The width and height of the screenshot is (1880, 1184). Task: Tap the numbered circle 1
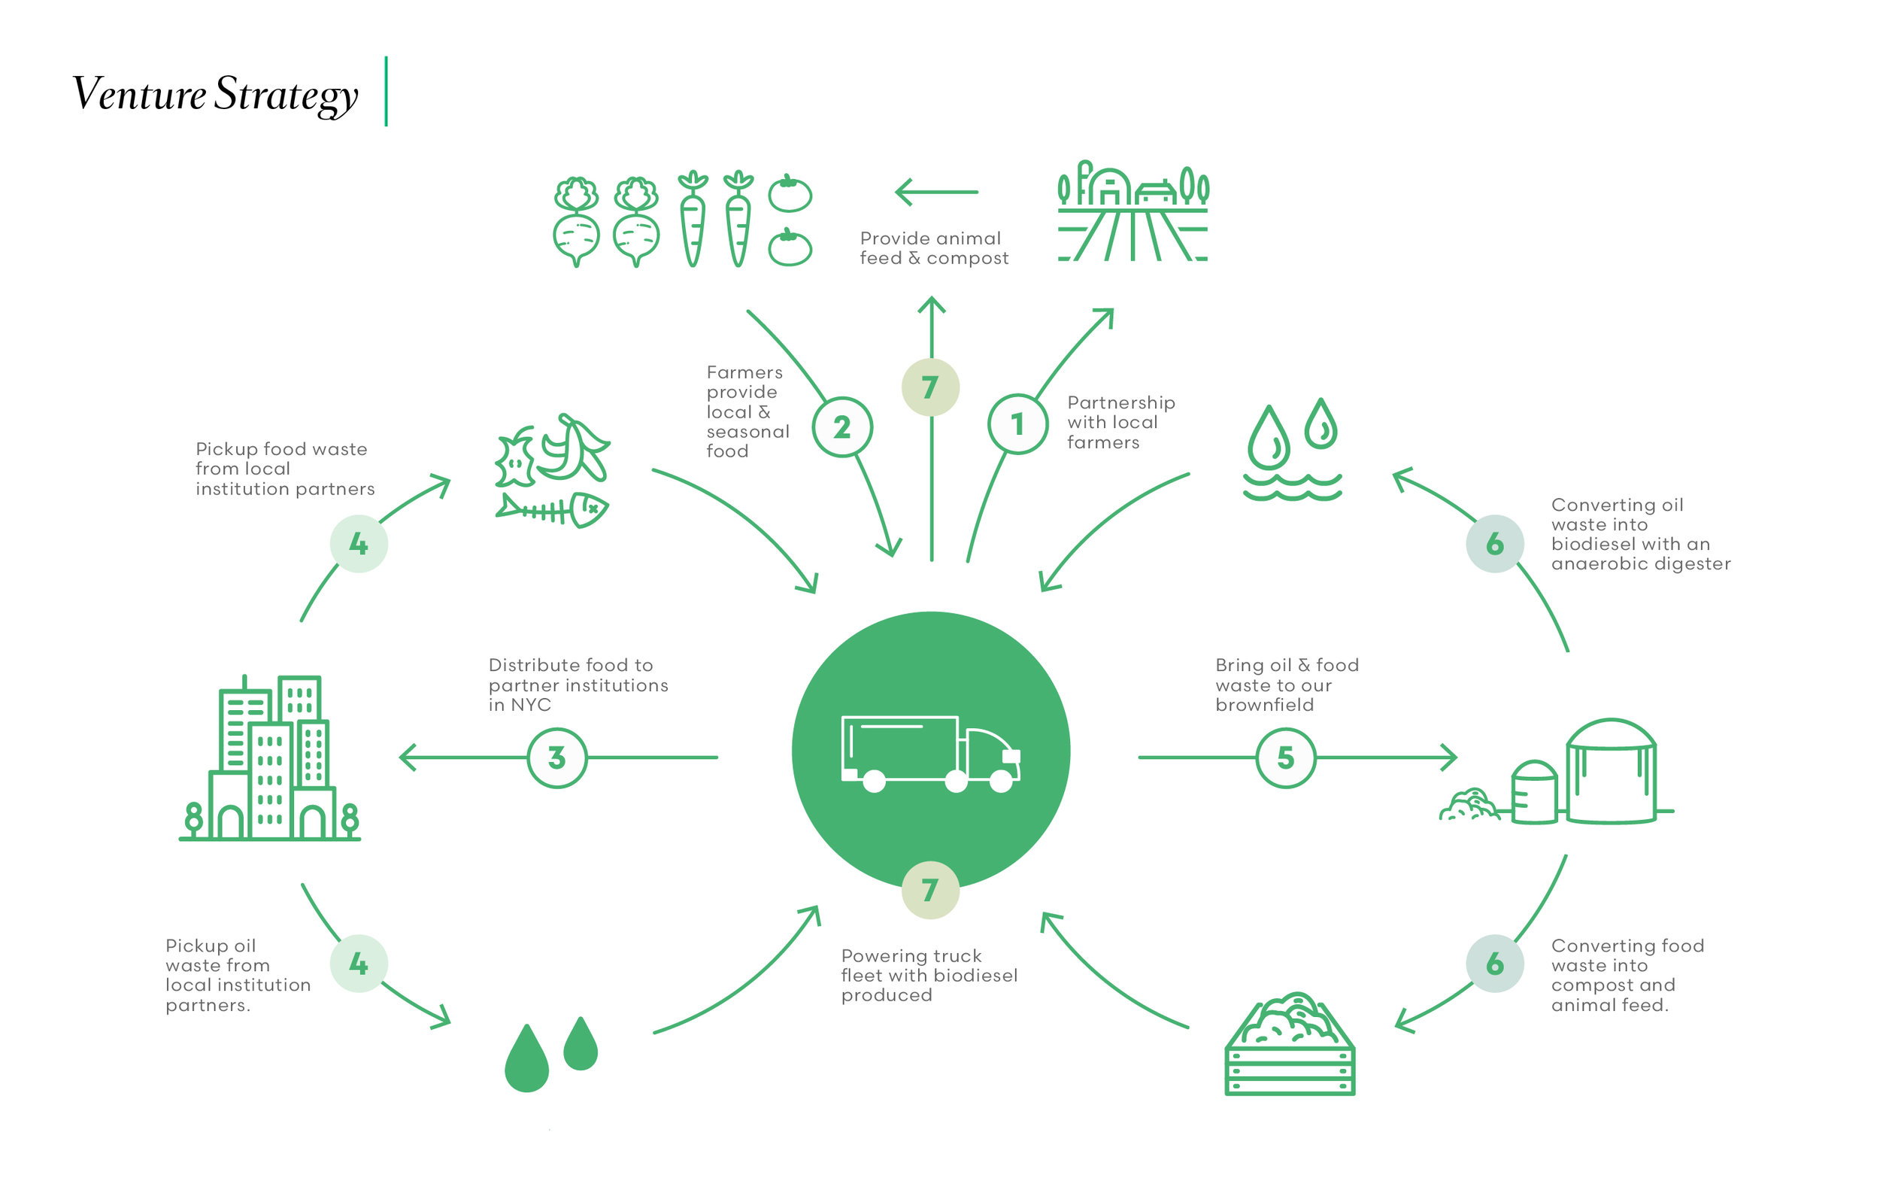[x=1017, y=424]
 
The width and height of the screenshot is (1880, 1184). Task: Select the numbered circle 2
[x=841, y=427]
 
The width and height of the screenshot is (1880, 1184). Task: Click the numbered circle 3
[x=556, y=757]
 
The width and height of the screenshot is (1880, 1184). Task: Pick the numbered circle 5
[x=1285, y=757]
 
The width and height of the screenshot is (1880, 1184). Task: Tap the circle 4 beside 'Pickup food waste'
[x=359, y=544]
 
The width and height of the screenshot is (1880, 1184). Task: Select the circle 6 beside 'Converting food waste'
[x=1494, y=963]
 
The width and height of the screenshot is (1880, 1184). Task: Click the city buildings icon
[x=269, y=758]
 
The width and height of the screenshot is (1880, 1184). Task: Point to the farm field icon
[x=1132, y=211]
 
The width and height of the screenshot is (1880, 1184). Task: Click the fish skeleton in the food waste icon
[x=552, y=510]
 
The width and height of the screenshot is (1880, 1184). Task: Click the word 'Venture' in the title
[x=139, y=94]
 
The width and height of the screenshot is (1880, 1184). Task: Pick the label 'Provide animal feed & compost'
[x=934, y=247]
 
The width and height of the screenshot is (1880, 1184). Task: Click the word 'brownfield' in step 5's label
[x=1264, y=705]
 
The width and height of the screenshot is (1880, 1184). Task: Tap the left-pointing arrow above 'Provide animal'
[x=936, y=191]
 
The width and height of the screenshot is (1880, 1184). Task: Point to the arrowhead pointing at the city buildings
[x=406, y=757]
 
